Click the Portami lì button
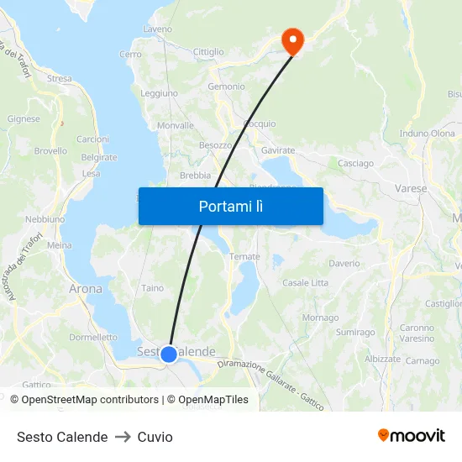pos(230,206)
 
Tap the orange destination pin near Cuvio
pos(292,39)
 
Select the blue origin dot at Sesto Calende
pos(168,354)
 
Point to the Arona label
pos(85,289)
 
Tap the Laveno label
pos(157,29)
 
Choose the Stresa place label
pos(60,79)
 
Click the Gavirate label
pos(278,150)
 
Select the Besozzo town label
pos(215,145)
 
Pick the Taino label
pos(153,288)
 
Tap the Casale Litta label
pos(305,283)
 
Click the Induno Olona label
pos(427,134)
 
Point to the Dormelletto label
pos(93,337)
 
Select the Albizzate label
pos(383,359)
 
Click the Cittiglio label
pos(208,52)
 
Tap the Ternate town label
pos(244,256)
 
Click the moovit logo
pos(411,436)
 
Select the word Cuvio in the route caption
pos(155,437)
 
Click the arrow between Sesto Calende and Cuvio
pos(123,437)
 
